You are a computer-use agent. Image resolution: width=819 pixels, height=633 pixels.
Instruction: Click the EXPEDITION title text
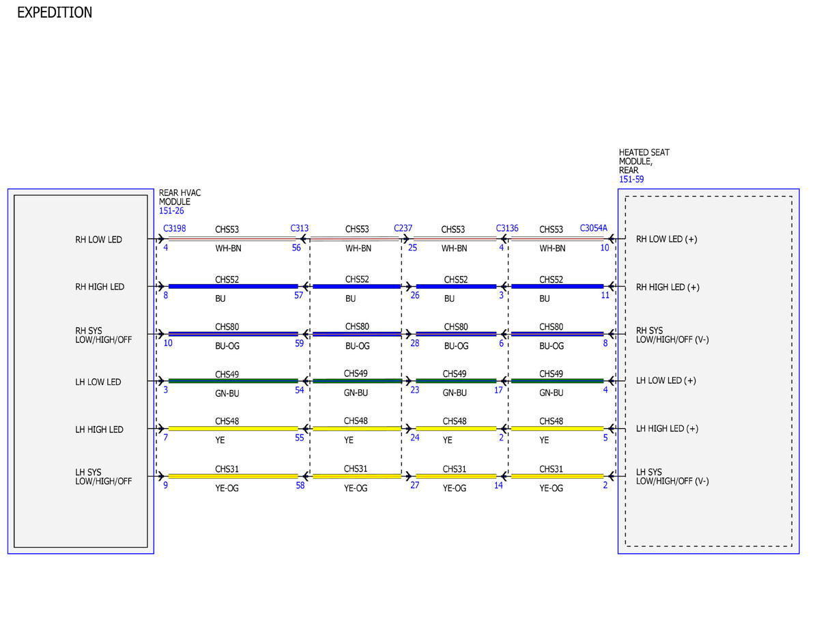(55, 12)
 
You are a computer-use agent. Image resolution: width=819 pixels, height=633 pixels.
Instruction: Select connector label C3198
(174, 229)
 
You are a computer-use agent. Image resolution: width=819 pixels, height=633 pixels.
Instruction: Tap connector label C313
(299, 228)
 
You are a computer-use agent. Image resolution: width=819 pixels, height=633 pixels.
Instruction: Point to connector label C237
(403, 228)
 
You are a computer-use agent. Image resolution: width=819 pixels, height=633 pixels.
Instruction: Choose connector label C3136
(507, 228)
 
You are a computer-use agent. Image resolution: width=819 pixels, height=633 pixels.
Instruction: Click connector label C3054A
(593, 228)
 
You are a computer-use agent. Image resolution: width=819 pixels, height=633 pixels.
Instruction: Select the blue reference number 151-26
(171, 211)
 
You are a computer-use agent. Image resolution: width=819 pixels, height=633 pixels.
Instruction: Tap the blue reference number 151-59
(631, 180)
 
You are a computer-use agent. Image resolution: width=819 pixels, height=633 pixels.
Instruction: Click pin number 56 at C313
(296, 248)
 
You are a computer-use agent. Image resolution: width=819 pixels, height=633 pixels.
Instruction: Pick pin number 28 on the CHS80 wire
(414, 343)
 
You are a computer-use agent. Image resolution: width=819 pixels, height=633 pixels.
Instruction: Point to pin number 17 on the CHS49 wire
(498, 390)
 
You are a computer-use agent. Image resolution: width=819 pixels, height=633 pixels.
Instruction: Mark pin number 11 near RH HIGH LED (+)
(605, 295)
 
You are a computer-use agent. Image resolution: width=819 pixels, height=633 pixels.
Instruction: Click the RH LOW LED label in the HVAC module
(98, 240)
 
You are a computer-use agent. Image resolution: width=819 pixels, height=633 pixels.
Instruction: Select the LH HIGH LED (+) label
(667, 429)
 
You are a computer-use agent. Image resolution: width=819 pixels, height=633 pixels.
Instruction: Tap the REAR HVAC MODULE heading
(179, 197)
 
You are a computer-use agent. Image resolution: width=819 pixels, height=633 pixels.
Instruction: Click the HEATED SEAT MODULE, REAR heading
(644, 161)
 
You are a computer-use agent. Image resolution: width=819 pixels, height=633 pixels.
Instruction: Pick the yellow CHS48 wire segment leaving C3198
(233, 429)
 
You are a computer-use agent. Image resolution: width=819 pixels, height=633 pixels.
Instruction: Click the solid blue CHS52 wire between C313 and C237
(356, 287)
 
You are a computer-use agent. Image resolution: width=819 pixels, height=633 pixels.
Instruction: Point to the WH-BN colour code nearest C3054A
(552, 249)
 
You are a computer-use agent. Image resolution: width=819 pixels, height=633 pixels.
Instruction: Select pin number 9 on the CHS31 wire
(165, 486)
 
